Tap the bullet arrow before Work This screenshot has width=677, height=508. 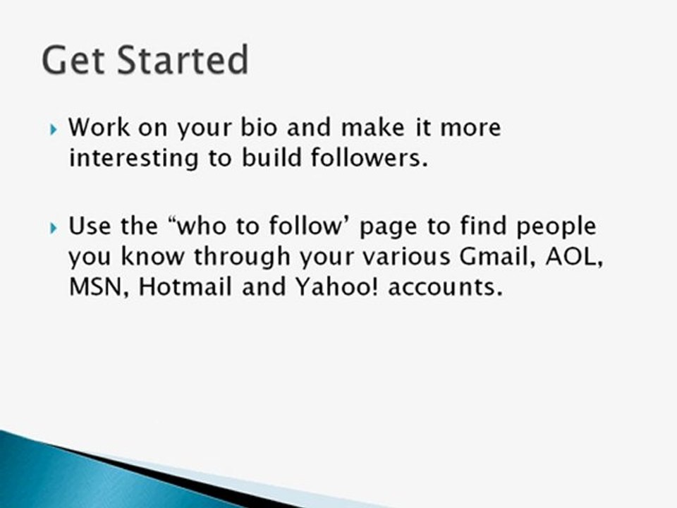point(54,131)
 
